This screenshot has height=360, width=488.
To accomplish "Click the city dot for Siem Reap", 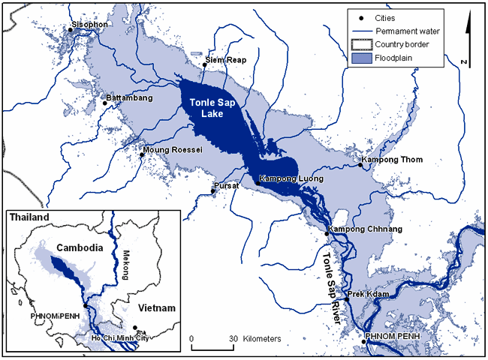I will pos(204,64).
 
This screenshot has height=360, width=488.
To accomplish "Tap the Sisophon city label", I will pos(90,25).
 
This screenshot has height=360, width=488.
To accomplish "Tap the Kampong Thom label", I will pos(392,159).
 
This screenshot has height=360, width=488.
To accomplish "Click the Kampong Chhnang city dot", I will pos(327,234).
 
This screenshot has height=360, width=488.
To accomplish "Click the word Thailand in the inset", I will pos(29,217).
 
